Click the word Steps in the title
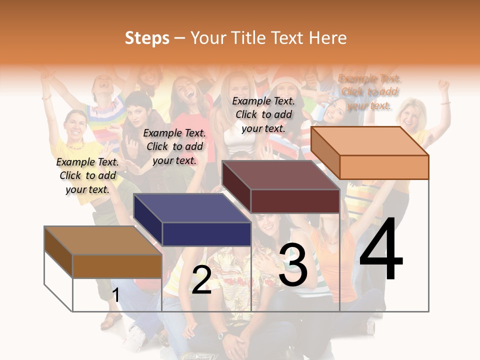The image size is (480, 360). coord(147,38)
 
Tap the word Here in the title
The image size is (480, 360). coord(327,38)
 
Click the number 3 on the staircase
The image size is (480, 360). coord(293,265)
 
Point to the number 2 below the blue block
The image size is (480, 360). coord(201,280)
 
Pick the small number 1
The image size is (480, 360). coord(116,295)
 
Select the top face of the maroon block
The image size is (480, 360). coord(281,175)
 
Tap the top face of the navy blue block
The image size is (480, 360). coord(192,208)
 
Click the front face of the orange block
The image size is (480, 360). coord(384,167)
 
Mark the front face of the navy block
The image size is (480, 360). coord(206,234)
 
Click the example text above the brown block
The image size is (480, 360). coord(87,175)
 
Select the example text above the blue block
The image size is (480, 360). coord(174,146)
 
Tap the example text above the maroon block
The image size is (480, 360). coord(263,114)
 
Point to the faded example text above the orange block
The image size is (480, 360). coord(369,92)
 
